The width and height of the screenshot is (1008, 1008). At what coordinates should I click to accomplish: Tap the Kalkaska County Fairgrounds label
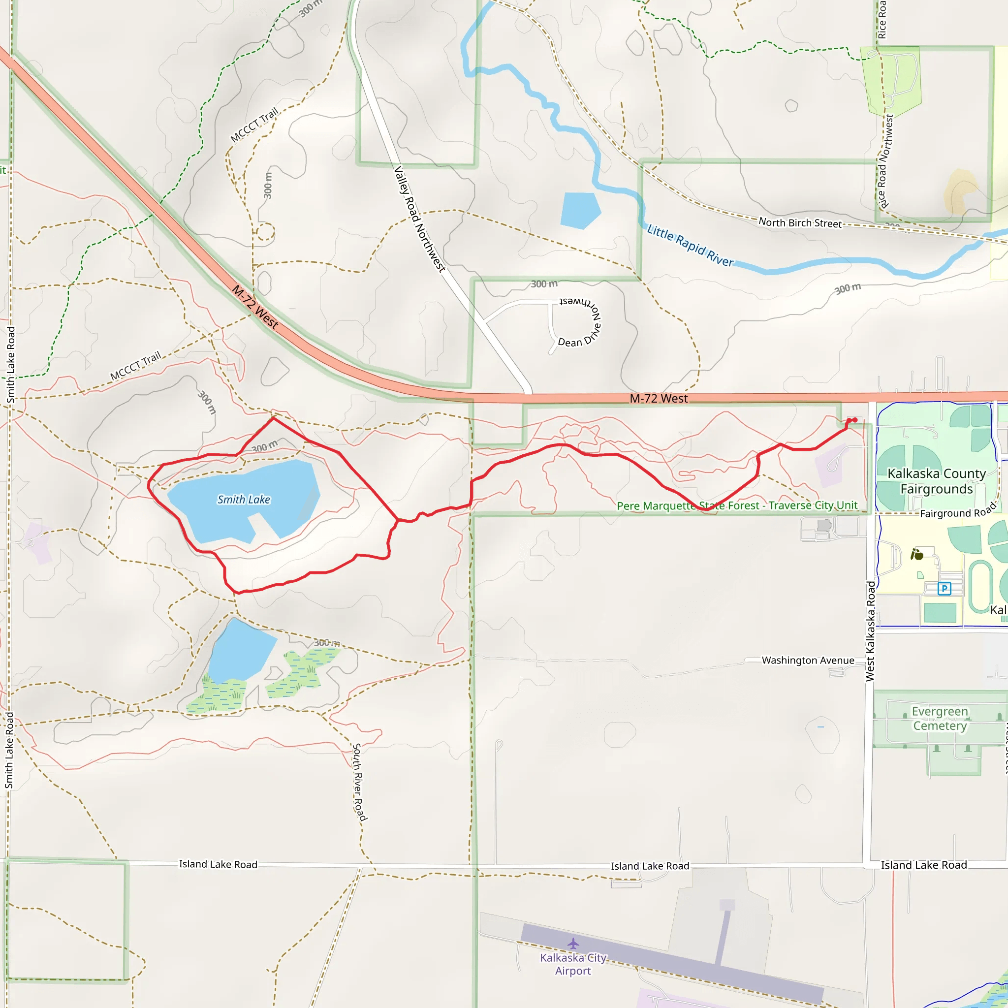(x=937, y=481)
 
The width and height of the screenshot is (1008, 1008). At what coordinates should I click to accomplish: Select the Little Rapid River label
(x=690, y=245)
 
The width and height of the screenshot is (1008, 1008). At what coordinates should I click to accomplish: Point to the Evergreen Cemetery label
(x=940, y=719)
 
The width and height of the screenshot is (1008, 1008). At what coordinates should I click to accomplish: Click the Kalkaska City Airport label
(x=573, y=964)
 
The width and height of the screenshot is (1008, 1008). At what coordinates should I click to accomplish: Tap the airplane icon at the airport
(x=573, y=944)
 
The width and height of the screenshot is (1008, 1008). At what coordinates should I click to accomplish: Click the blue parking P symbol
(x=944, y=589)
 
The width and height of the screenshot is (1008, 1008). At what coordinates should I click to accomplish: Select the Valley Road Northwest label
(x=419, y=219)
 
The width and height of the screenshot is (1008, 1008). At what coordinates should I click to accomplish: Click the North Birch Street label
(x=800, y=223)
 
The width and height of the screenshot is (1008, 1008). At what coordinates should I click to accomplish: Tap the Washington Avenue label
(x=808, y=661)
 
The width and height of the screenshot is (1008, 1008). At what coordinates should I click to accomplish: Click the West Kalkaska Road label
(x=870, y=631)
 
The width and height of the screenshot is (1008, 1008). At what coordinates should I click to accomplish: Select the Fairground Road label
(x=958, y=511)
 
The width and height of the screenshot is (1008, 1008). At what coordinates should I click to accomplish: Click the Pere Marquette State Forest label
(x=737, y=505)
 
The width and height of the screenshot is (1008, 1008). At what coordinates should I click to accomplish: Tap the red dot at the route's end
(x=854, y=420)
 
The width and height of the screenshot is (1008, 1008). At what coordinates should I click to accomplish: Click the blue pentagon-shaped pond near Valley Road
(x=580, y=210)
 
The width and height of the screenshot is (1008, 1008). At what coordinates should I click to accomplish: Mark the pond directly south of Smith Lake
(x=241, y=650)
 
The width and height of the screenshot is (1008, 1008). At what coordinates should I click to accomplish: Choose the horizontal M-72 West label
(x=659, y=399)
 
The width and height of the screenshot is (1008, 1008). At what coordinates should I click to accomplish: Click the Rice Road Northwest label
(x=885, y=162)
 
